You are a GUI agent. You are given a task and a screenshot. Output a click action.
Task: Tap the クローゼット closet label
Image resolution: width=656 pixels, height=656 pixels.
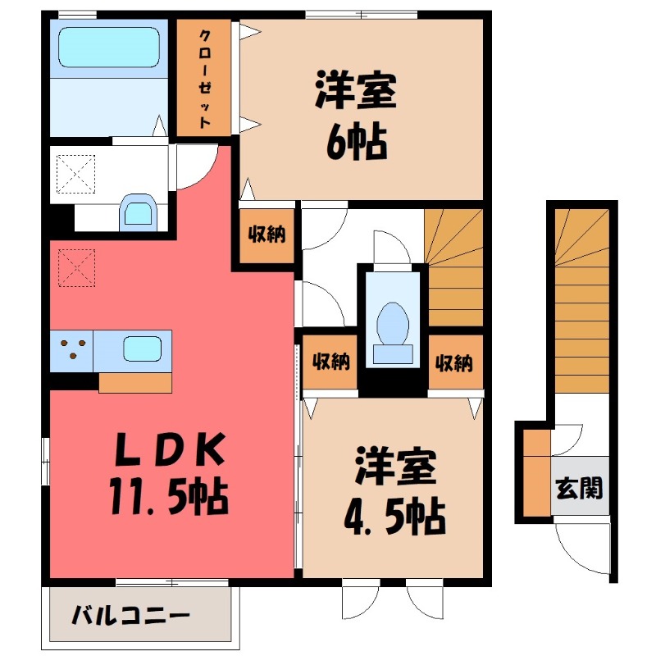(205, 79)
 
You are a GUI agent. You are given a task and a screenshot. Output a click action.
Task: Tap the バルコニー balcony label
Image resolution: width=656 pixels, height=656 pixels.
(130, 614)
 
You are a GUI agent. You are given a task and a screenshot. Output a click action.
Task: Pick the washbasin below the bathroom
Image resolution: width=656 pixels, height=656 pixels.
(138, 211)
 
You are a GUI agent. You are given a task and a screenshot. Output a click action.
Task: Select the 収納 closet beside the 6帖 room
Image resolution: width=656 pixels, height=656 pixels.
(266, 235)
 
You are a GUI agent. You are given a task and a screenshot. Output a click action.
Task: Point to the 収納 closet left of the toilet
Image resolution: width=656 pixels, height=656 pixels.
(330, 361)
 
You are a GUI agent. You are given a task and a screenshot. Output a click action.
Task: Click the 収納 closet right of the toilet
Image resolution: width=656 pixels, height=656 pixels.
(454, 361)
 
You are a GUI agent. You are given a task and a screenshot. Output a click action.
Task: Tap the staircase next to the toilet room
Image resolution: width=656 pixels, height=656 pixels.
(453, 267)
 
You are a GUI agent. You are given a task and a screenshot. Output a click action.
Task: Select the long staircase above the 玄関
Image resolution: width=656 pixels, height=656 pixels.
(581, 295)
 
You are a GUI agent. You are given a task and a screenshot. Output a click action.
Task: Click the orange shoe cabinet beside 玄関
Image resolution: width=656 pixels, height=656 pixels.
(537, 473)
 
